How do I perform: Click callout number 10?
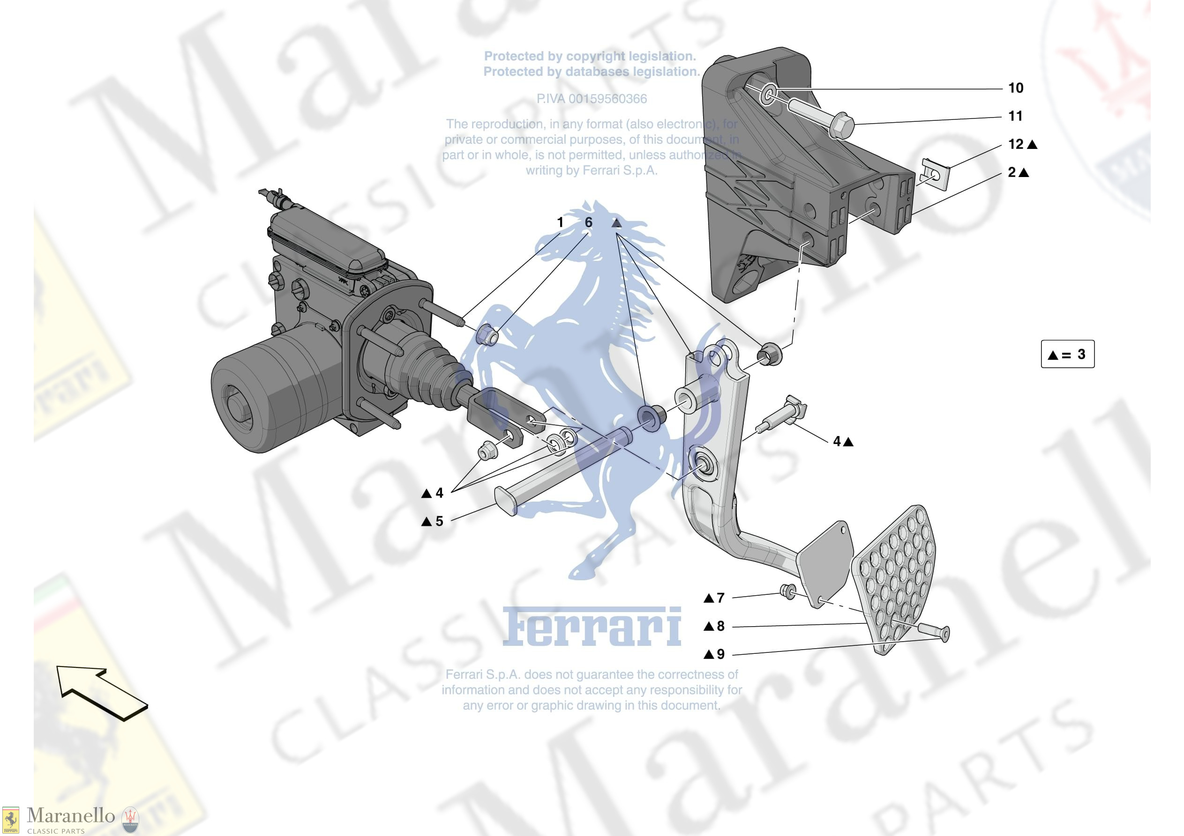tap(1015, 88)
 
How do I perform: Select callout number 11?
tap(1015, 116)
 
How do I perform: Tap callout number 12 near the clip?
tap(1015, 144)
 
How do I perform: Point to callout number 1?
tap(560, 222)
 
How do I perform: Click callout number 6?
tap(588, 222)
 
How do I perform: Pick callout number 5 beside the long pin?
tap(439, 521)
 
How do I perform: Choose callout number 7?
tap(720, 598)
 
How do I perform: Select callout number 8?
tap(720, 626)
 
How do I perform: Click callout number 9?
tap(720, 655)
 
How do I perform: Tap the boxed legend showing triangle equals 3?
tap(1067, 354)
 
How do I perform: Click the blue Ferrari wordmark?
tap(592, 627)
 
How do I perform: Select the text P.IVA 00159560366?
tap(592, 99)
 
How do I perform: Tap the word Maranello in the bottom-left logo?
tap(71, 815)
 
